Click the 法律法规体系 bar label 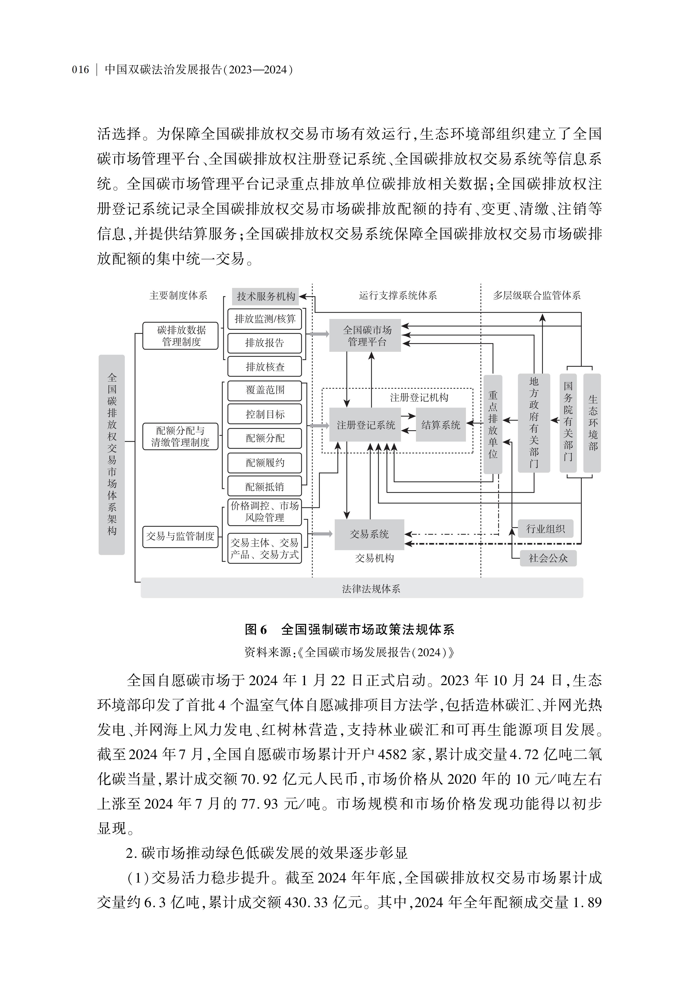coord(371,589)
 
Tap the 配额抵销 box coord(265,487)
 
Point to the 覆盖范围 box coord(265,390)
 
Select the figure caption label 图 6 coord(256,629)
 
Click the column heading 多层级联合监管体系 coord(537,296)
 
